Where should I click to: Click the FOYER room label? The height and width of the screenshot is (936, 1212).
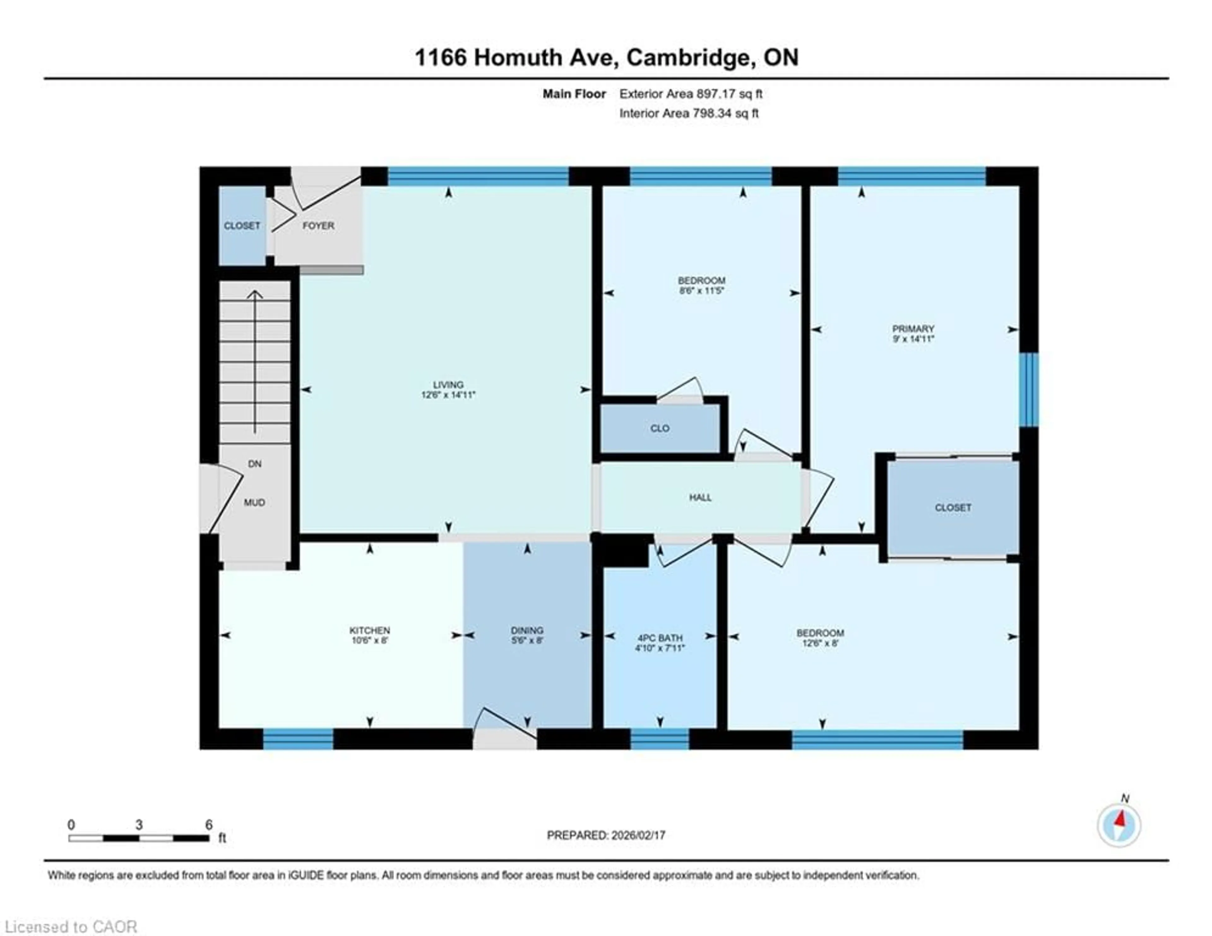[x=318, y=226]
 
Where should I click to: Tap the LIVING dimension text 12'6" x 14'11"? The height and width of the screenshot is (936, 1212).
[x=449, y=395]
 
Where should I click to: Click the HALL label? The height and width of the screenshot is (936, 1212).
[x=700, y=497]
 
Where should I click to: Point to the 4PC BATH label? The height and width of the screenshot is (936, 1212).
[x=660, y=638]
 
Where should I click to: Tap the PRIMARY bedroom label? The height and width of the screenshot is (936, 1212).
[x=913, y=329]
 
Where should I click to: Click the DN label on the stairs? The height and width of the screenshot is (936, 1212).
[x=255, y=464]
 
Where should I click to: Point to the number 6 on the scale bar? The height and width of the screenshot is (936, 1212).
[x=209, y=825]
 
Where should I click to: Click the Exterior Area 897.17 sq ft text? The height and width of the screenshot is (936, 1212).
[x=691, y=94]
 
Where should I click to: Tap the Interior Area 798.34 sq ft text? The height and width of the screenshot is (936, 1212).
[x=689, y=113]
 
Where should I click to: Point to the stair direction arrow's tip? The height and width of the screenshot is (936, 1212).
[x=255, y=291]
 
